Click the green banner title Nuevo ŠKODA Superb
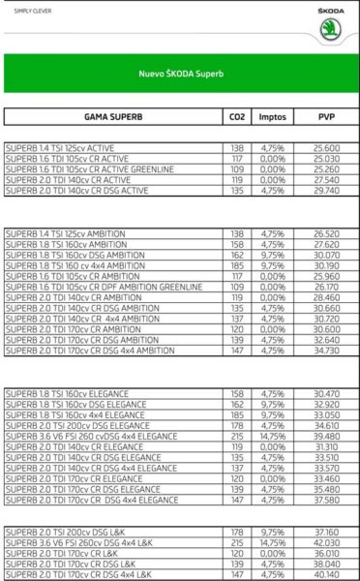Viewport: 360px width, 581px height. [x=180, y=73]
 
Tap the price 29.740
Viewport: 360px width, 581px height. [x=326, y=191]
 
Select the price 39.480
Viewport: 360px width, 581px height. [x=326, y=436]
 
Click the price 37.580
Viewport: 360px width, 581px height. [x=326, y=500]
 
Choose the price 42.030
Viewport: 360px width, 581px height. [x=326, y=542]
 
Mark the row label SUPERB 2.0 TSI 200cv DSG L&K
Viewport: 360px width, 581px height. [x=74, y=532]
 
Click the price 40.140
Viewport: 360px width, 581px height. [x=326, y=574]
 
